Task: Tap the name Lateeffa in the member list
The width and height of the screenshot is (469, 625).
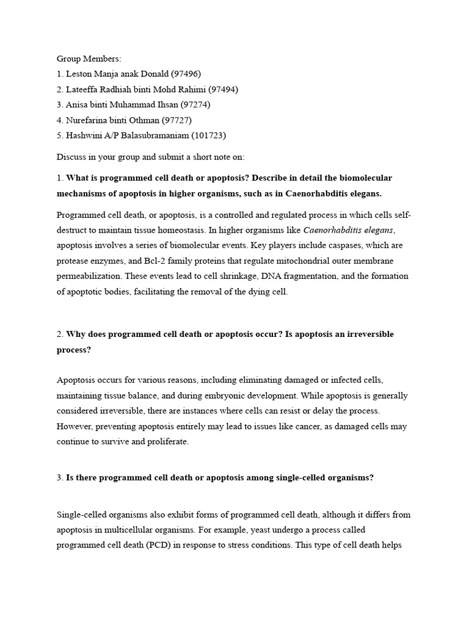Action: tap(84, 89)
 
